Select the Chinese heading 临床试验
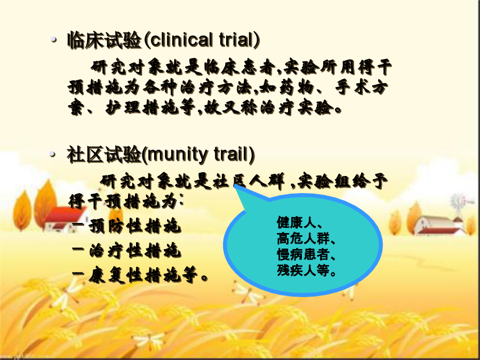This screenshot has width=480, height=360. click(105, 40)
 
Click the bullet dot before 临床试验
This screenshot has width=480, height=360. click(54, 39)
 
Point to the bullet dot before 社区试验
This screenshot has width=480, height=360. click(53, 154)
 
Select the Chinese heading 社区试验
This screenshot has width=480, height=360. click(104, 155)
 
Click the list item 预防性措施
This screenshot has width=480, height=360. click(135, 227)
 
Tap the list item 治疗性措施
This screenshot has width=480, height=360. click(135, 251)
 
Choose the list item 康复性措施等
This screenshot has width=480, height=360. click(148, 275)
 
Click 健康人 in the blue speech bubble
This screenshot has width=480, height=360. click(296, 222)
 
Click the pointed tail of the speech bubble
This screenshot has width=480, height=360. click(235, 185)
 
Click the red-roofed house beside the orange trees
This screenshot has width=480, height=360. click(65, 218)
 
